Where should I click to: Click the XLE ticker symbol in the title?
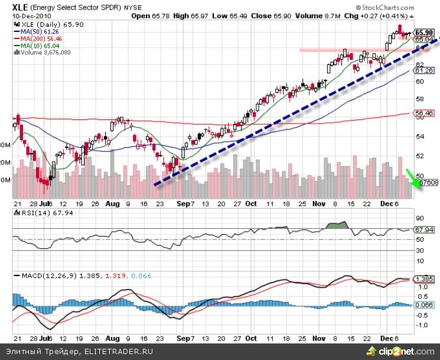tap(21, 7)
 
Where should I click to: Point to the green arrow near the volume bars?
tap(411, 178)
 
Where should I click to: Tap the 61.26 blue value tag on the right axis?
tap(425, 70)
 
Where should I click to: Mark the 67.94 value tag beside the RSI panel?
tap(425, 229)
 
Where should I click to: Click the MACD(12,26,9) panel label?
tap(46, 277)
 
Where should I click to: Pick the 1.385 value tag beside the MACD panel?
tap(425, 278)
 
